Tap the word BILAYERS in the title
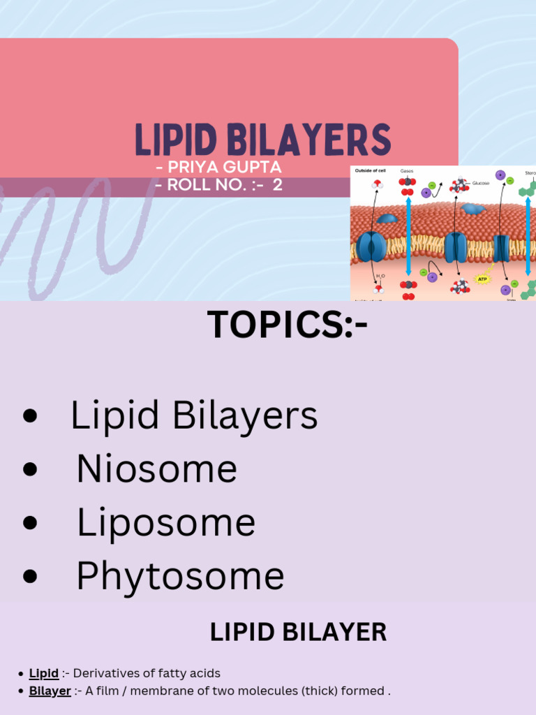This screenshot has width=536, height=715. (x=309, y=140)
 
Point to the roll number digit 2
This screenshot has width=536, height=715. (x=278, y=186)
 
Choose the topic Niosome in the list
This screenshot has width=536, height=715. (x=157, y=469)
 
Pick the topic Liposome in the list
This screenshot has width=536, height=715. (x=166, y=522)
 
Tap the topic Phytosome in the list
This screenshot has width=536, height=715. (x=180, y=577)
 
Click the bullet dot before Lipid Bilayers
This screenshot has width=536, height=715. (x=29, y=416)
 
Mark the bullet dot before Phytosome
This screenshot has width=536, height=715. (x=29, y=577)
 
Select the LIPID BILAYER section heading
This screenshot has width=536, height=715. (x=298, y=633)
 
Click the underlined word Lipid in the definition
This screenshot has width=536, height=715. (x=43, y=674)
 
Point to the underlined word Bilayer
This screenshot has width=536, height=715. (x=50, y=691)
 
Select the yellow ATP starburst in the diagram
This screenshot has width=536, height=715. (x=483, y=279)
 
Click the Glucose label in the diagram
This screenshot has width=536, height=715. (x=480, y=183)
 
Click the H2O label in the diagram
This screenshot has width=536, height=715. (x=379, y=277)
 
